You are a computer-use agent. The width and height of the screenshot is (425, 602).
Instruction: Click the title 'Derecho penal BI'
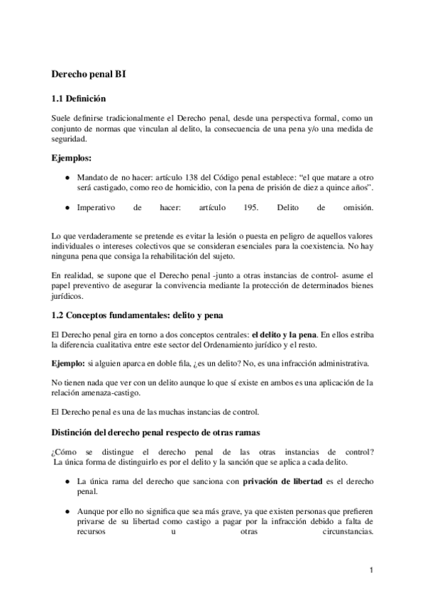[x=89, y=73]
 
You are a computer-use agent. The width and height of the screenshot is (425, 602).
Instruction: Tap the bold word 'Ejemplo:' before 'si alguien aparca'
[x=67, y=363]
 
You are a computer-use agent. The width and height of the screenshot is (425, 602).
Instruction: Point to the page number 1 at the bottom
[x=372, y=571]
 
